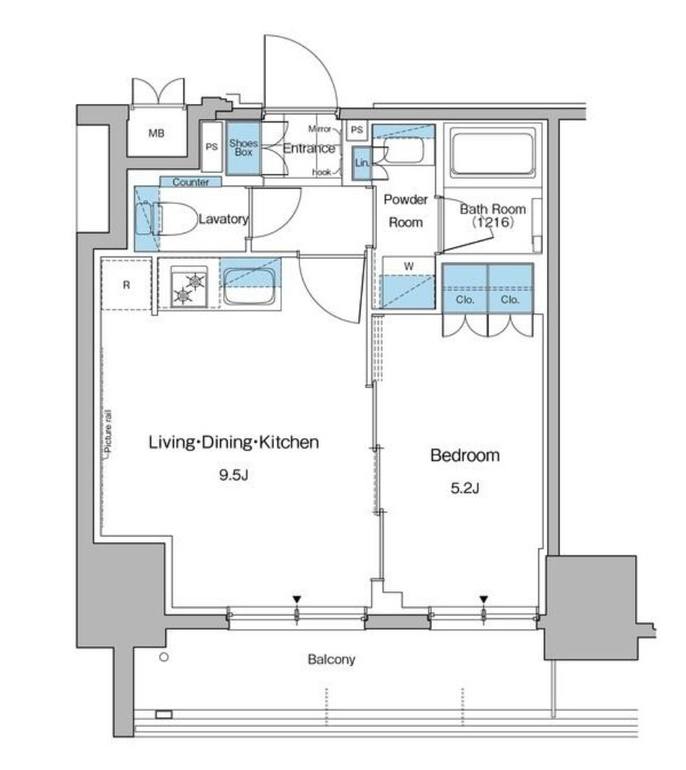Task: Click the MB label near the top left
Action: (157, 133)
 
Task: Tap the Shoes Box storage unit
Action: (243, 148)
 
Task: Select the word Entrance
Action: (309, 148)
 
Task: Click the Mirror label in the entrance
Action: (319, 128)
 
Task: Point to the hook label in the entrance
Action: (321, 171)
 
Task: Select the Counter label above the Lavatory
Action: (191, 182)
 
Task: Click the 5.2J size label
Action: (465, 487)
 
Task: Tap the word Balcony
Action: (331, 659)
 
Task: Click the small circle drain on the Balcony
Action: (164, 657)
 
